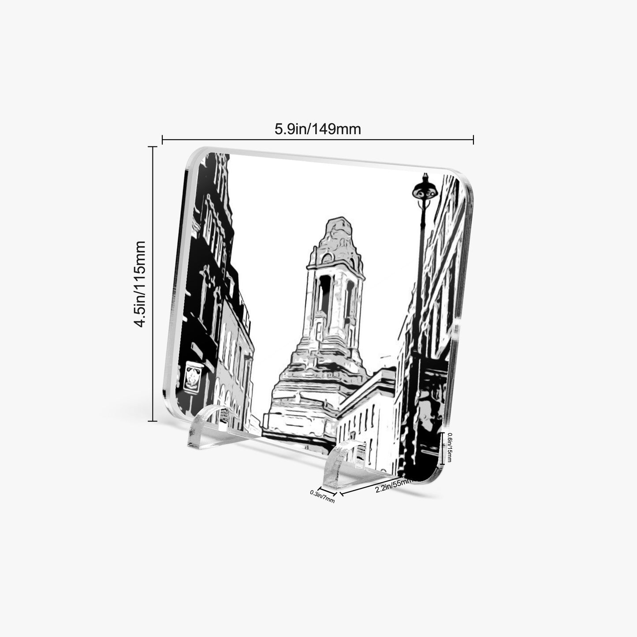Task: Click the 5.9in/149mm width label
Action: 317,129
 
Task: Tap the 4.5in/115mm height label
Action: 140,284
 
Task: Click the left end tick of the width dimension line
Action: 162,139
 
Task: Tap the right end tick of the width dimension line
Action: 473,139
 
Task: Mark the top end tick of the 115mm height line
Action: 153,146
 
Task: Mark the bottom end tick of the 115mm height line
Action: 153,421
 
